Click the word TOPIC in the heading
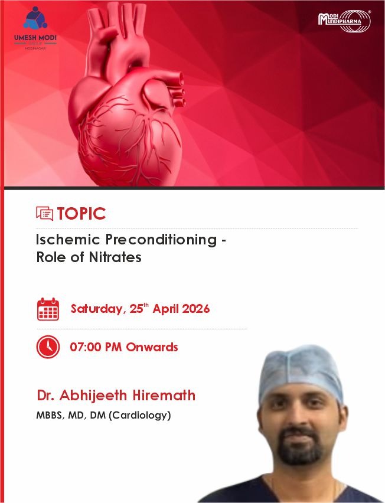(81, 214)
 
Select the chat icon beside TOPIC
(45, 214)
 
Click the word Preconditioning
(161, 240)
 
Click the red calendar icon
(48, 309)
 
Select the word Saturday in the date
(97, 309)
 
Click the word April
(165, 309)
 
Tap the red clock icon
(48, 347)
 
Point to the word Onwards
(152, 347)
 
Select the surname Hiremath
(164, 395)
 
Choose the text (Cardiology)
(140, 416)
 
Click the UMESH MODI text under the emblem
(35, 38)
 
